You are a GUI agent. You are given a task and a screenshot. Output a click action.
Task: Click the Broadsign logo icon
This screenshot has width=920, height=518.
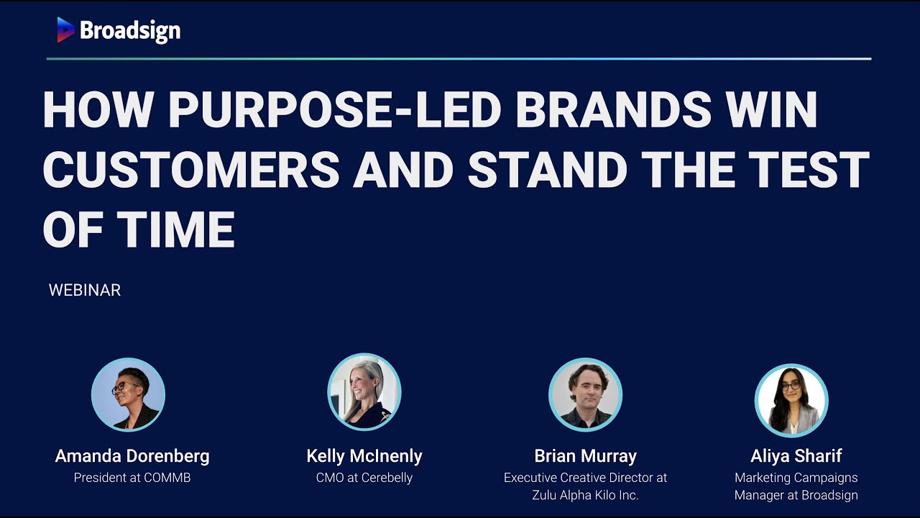coord(66,29)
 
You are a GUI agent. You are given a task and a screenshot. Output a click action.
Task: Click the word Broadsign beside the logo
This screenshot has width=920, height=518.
coord(130,30)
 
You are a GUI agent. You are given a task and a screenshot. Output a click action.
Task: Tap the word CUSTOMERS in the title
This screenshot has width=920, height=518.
coord(191,170)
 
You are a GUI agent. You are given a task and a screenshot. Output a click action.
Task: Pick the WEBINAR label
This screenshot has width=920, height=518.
coord(85,291)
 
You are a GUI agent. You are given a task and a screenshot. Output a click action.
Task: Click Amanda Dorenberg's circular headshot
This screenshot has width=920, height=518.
coord(128,395)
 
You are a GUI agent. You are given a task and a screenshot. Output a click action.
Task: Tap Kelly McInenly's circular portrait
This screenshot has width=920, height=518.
coord(364,392)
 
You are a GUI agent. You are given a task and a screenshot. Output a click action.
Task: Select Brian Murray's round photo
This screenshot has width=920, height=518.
coord(585,395)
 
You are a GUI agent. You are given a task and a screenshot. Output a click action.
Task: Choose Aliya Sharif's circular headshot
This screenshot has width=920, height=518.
coord(791,400)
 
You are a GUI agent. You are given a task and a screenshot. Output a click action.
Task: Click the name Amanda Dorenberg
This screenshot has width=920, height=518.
coord(132,456)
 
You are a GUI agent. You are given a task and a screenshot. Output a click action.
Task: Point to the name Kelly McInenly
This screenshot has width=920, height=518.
coord(364,456)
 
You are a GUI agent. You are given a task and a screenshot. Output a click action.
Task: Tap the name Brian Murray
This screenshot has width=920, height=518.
coord(585,456)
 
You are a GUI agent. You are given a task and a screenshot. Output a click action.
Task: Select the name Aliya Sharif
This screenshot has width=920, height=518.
coord(796,456)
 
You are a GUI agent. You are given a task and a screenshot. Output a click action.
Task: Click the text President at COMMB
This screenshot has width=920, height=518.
coord(132,478)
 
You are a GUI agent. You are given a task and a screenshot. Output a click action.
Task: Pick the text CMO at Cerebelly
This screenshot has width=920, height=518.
coord(364,478)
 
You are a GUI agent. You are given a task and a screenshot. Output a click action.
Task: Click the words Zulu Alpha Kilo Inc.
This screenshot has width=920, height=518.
coord(585,495)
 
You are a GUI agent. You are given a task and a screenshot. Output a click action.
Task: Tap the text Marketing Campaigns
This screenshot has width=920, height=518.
coord(796,478)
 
